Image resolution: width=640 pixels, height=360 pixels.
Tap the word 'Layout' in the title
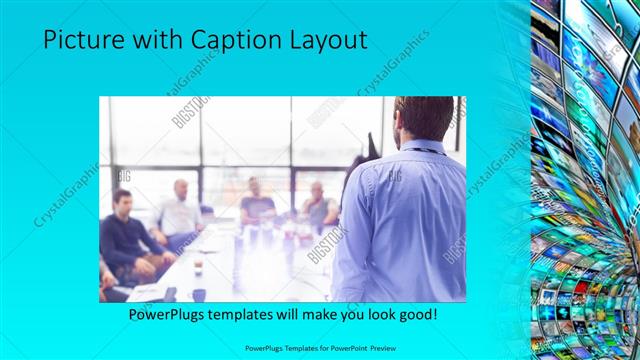tap(328, 40)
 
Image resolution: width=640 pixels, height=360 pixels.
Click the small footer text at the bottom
tap(320, 349)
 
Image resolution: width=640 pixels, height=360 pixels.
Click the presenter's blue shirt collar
tap(420, 147)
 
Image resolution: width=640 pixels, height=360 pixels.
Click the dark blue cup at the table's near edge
tap(199, 295)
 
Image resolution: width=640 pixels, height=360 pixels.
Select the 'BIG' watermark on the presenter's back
tap(393, 176)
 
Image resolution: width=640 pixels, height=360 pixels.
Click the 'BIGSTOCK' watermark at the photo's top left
tap(190, 112)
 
